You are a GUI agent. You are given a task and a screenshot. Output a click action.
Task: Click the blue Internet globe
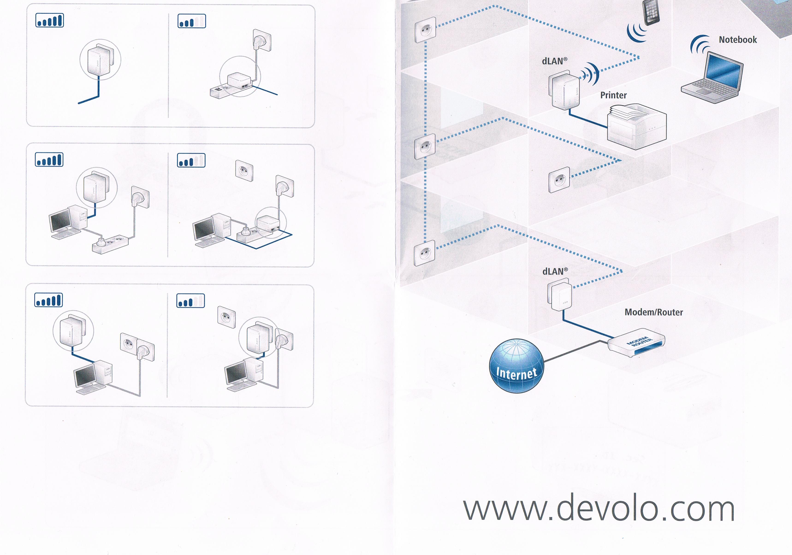(516, 366)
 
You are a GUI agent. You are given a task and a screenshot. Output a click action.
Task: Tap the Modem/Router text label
(654, 312)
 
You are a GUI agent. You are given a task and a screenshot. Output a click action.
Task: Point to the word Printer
(613, 95)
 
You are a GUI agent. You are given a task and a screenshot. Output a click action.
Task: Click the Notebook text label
(738, 40)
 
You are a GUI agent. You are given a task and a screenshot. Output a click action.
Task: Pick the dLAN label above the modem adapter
(555, 271)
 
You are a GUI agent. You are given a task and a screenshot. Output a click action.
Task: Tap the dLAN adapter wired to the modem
(559, 296)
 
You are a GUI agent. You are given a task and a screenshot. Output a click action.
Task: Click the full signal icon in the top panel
(50, 20)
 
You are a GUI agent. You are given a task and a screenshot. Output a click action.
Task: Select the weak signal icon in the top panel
(192, 21)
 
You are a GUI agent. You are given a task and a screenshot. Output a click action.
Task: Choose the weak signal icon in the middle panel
(191, 160)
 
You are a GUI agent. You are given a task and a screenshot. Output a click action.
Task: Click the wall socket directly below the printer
(559, 180)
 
